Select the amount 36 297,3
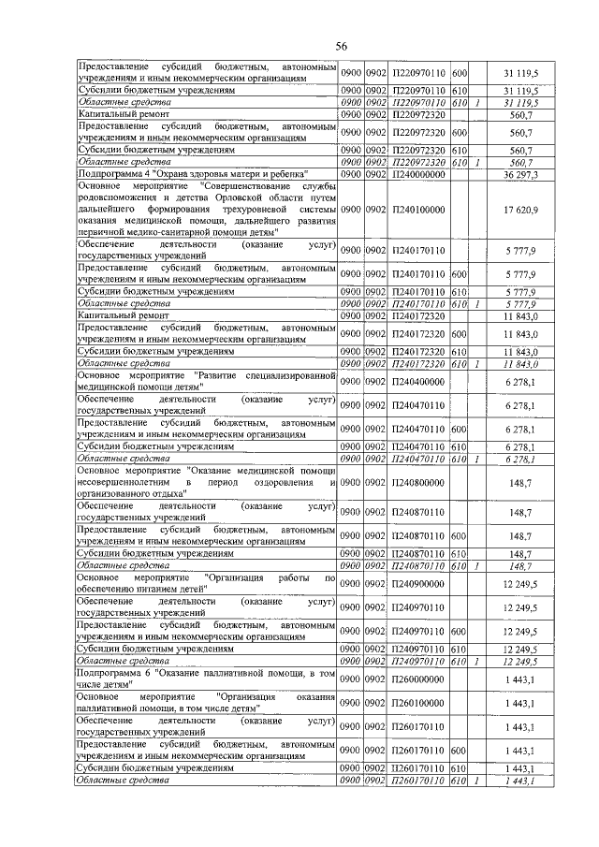point(520,174)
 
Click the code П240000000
point(419,174)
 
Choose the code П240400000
point(419,381)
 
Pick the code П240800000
point(419,482)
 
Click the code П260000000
point(419,679)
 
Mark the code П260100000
point(419,702)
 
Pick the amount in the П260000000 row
point(520,679)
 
